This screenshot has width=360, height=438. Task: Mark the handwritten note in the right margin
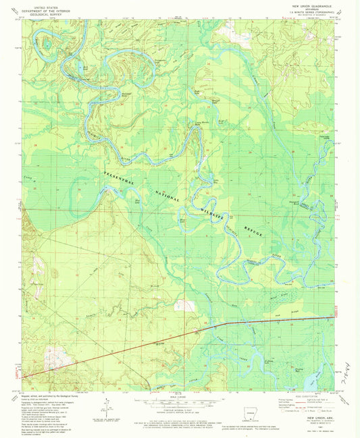(353, 367)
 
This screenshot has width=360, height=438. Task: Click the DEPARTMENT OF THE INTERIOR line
(48, 9)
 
